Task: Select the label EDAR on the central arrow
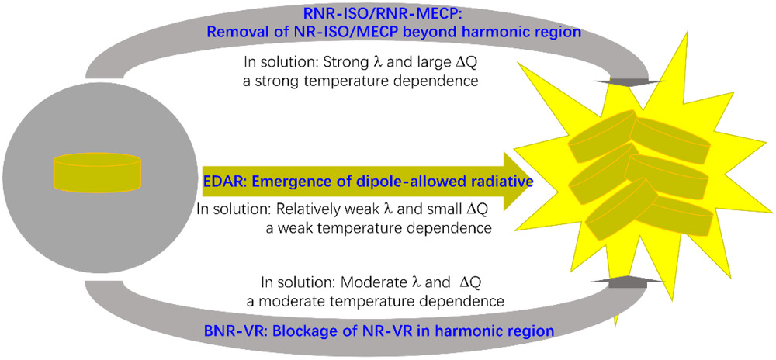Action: pos(222,182)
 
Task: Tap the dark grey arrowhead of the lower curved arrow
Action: pos(626,281)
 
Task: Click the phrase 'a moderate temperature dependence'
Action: pos(375,301)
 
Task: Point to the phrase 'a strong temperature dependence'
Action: pos(360,81)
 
